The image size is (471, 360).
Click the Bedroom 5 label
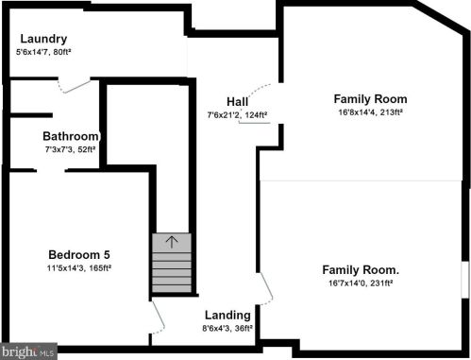(x=79, y=254)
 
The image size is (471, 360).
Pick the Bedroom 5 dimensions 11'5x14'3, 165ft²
(x=79, y=267)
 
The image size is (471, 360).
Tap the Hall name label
(x=237, y=102)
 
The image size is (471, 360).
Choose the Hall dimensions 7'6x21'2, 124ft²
(x=237, y=115)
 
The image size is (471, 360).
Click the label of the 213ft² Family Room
(x=370, y=98)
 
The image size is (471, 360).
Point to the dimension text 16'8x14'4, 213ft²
(x=370, y=111)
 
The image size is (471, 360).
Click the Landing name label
(x=227, y=315)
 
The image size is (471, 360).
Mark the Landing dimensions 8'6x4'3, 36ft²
(x=227, y=328)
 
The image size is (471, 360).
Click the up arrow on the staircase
(x=171, y=242)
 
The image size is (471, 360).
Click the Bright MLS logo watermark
(x=29, y=351)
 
